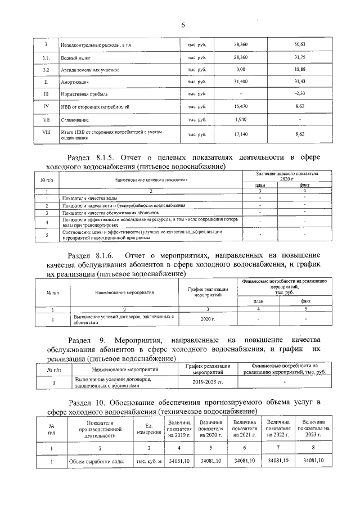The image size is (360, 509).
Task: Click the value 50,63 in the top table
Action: [x=299, y=44]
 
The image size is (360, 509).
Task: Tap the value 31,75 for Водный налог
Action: [x=299, y=57]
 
